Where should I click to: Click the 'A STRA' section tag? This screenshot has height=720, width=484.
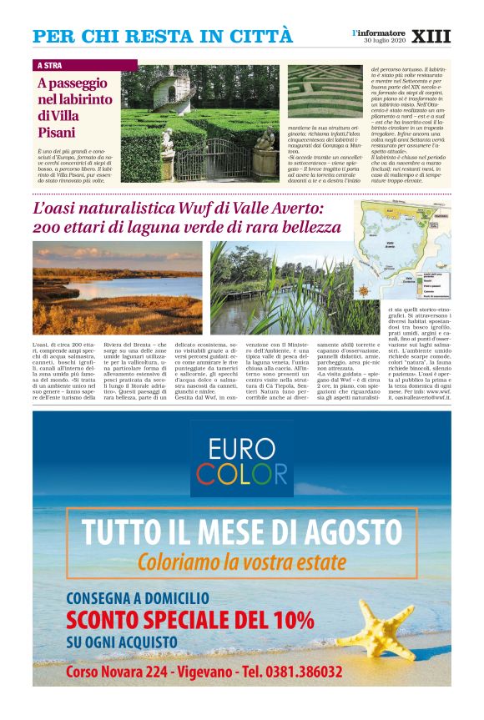point(50,65)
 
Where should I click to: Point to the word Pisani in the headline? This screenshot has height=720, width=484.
point(56,132)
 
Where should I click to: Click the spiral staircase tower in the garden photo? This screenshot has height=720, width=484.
point(156,92)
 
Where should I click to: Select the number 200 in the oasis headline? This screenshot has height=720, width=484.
point(49,227)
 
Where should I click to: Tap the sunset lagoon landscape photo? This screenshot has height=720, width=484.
point(117,288)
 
